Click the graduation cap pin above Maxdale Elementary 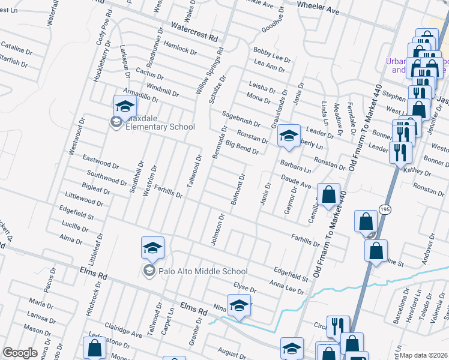pos(125,107)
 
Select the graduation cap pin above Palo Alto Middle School pos(152,247)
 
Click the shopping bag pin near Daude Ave pos(328,194)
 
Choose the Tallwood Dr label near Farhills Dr pos(193,169)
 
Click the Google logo pos(20,353)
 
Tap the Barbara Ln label pos(295,166)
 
